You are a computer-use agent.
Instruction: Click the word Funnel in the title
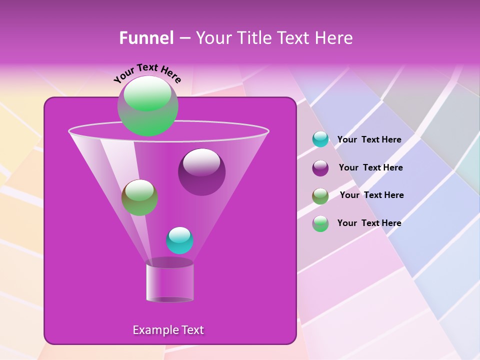146,38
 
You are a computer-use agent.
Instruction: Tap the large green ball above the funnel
147,106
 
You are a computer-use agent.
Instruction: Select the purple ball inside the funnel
201,172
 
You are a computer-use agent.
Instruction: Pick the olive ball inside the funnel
139,197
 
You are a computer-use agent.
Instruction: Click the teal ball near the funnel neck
179,240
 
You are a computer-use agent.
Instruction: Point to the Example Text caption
168,330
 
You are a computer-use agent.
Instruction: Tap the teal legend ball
320,139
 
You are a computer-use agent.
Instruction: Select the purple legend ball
320,167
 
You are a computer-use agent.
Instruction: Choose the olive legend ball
320,195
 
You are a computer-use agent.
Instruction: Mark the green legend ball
320,223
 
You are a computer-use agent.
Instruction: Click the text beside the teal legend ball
369,140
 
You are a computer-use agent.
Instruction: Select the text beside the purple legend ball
370,168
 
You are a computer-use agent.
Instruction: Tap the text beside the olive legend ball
371,195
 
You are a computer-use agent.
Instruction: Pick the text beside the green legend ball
369,223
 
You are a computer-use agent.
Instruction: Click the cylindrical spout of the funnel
169,283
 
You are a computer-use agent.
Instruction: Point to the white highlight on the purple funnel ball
201,162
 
